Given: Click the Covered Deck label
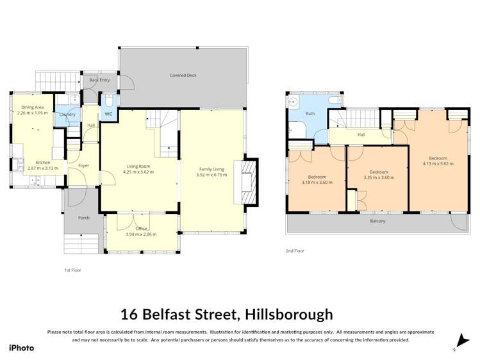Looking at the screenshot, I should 183,76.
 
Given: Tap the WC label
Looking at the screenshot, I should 108,114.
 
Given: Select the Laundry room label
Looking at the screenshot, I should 68,115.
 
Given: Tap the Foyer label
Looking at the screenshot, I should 83,166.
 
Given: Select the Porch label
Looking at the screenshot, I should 83,218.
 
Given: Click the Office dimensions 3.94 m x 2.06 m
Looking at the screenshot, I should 141,234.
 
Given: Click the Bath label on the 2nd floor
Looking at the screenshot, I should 310,113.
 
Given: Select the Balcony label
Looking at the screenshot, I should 377,221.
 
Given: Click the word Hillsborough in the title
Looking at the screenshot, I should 286,314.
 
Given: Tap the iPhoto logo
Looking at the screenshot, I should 21,348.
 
